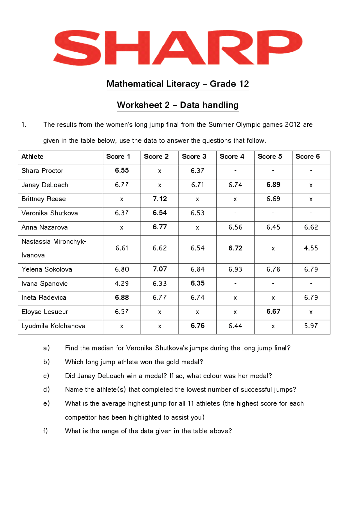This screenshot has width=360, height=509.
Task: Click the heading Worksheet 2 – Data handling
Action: pos(178,105)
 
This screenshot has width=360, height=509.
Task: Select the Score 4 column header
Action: pos(232,157)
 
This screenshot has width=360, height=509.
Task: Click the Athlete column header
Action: pos(33,157)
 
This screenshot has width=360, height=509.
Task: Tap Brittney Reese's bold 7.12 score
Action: pos(160,199)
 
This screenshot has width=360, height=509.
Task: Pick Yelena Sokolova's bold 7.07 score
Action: pos(160,269)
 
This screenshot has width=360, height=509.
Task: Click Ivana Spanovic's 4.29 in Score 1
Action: pos(121,284)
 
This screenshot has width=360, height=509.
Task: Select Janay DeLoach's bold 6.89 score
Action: pos(273,185)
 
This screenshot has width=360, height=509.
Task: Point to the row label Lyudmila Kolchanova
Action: pos(53,326)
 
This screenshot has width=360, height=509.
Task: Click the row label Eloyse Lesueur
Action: pos(45,312)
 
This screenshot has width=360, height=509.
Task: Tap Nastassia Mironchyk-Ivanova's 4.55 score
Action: pos(311,248)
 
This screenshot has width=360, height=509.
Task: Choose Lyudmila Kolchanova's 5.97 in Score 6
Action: pos(311,326)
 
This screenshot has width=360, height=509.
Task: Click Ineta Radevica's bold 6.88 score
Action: pos(122,298)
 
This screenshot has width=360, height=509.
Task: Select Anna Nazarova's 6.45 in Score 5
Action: pos(273,227)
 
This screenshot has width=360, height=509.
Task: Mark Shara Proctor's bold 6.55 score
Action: pos(122,171)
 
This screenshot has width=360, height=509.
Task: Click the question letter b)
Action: pos(46,362)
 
